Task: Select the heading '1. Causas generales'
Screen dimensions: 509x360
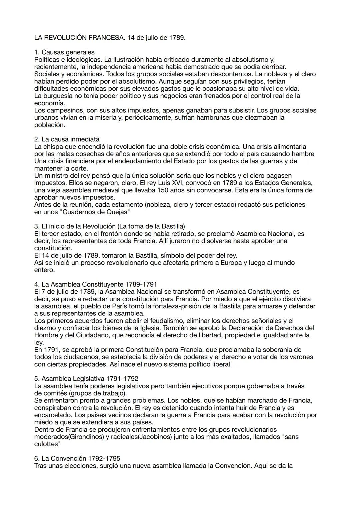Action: coord(64,52)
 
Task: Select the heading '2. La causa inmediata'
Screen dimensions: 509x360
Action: coord(67,139)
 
